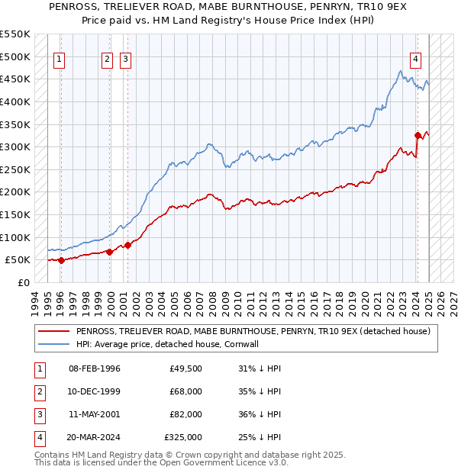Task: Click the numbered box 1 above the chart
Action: (60, 60)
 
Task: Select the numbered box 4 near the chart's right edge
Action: (415, 60)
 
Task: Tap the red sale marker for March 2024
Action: (418, 136)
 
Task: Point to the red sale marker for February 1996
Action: (61, 260)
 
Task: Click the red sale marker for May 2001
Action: (127, 245)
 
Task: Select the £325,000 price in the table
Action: (183, 437)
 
